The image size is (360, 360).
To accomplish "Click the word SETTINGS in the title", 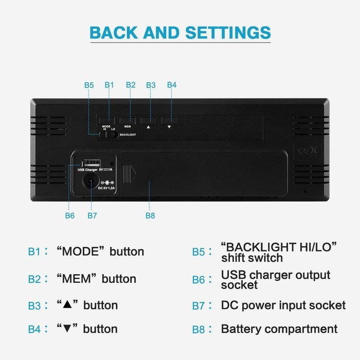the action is pos(228,32).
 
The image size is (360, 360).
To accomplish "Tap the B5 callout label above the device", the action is pos(89,85).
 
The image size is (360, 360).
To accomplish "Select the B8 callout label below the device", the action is pos(150,215).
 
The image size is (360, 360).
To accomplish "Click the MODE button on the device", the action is pos(107,120).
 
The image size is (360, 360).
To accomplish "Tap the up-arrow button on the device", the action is pos(148,120).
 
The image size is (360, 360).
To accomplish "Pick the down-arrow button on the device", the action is pos(169,120).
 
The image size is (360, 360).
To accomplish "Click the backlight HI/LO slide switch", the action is pos(109,135).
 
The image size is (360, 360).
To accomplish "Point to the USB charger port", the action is pos(92,163).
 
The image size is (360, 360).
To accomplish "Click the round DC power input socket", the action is pos(91,181).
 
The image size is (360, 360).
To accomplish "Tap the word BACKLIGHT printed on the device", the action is pos(128,135).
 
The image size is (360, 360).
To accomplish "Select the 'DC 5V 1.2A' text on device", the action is pos(106,188).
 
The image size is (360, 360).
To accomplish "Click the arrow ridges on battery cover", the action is pos(130,174).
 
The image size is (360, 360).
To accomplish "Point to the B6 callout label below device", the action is pos(70,215).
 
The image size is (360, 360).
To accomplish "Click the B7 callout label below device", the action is pos(92,215).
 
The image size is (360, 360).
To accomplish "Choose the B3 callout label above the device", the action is pos(151,85).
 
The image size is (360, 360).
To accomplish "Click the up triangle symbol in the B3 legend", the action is pos(67,304).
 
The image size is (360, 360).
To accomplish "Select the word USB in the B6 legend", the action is pos(230,275).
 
